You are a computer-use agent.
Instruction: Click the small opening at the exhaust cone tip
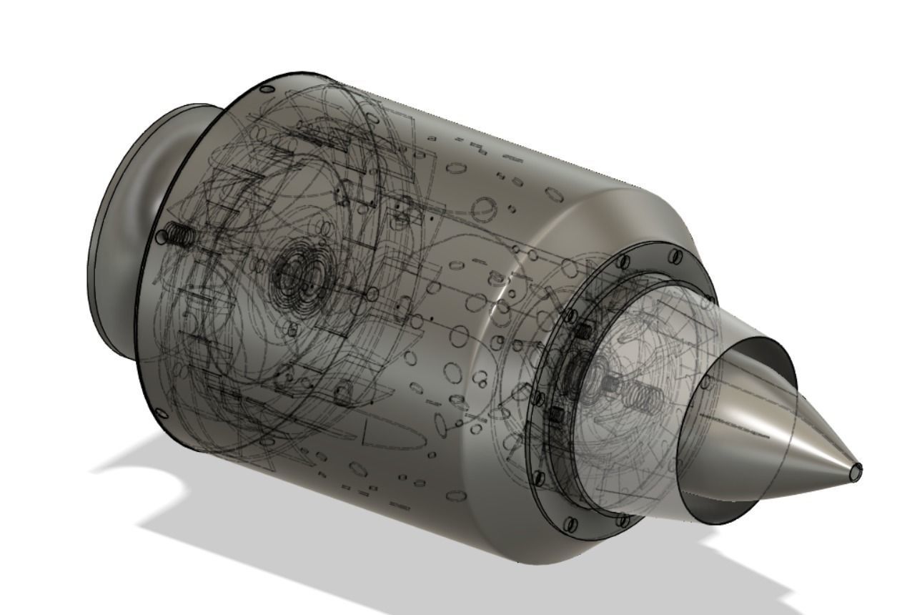[856, 470]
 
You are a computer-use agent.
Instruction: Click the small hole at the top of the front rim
[266, 89]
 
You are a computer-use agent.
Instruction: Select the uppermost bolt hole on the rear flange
[675, 255]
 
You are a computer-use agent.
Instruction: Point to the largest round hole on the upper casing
[484, 210]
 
